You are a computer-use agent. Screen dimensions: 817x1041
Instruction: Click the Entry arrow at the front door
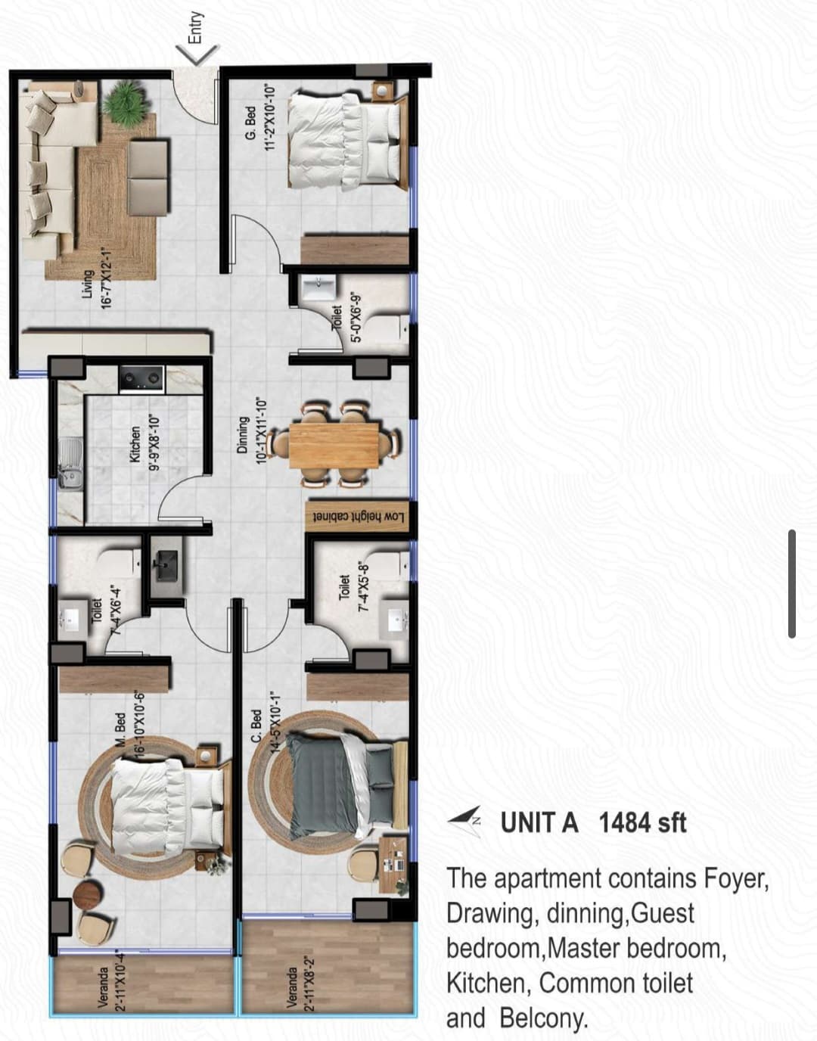click(x=197, y=54)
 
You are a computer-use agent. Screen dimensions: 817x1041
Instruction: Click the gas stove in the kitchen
click(x=141, y=379)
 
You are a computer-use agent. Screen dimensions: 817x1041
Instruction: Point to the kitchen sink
click(x=70, y=463)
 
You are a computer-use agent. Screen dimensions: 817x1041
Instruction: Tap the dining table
click(x=334, y=445)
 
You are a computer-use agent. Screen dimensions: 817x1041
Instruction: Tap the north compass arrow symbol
click(x=464, y=821)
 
